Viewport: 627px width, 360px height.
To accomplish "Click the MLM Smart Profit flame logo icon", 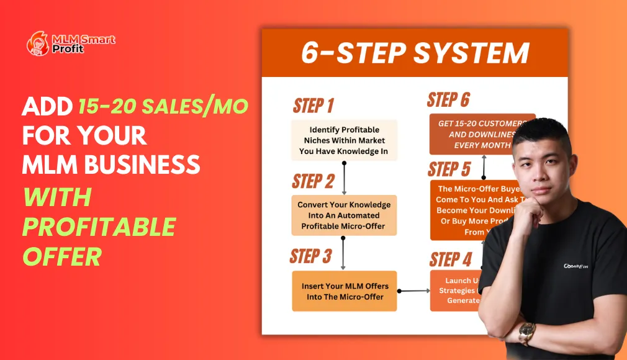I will [37, 43].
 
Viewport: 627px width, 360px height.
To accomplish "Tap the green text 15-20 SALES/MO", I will [163, 107].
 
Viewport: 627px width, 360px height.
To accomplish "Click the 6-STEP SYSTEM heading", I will [415, 53].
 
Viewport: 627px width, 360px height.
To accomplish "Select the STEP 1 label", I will [313, 106].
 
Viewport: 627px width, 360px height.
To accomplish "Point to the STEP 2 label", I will [313, 181].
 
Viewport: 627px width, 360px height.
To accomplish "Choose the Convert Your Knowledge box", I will [343, 215].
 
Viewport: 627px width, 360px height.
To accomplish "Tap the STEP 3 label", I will [310, 256].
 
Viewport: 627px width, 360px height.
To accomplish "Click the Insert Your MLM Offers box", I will [345, 291].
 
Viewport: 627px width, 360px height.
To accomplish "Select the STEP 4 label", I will [450, 259].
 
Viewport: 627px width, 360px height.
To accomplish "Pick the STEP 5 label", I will [449, 169].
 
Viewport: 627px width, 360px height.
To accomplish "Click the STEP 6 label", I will [448, 99].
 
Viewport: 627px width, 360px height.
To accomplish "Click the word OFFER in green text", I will [62, 256].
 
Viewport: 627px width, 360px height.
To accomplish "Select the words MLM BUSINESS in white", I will [112, 164].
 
